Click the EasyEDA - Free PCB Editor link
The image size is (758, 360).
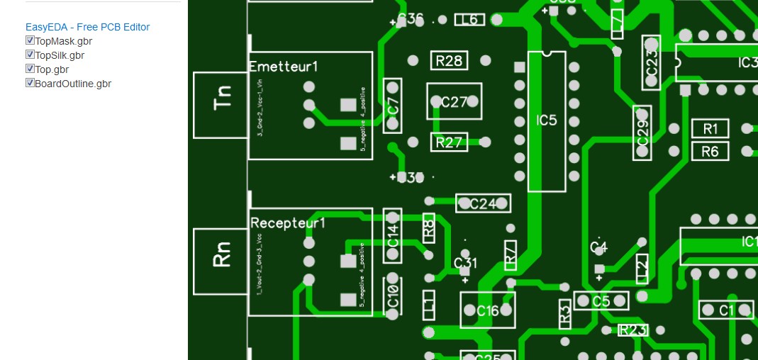point(87,27)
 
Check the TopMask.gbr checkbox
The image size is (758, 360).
point(30,41)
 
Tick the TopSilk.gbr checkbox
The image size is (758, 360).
point(30,55)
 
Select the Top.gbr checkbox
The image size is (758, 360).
point(30,69)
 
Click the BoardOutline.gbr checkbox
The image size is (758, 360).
point(30,83)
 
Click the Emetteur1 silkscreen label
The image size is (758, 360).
point(284,67)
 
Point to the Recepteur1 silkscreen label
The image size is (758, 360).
point(288,223)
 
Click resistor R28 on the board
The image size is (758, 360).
point(449,61)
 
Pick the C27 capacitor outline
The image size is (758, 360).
point(454,102)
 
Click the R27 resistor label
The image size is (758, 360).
point(449,142)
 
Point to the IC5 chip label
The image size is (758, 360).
point(547,120)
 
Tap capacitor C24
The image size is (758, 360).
point(483,204)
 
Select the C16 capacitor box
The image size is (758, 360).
point(488,310)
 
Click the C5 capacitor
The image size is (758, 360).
point(601,301)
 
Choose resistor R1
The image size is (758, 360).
point(710,128)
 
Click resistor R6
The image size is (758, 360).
point(710,151)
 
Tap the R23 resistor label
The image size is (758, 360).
point(632,330)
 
